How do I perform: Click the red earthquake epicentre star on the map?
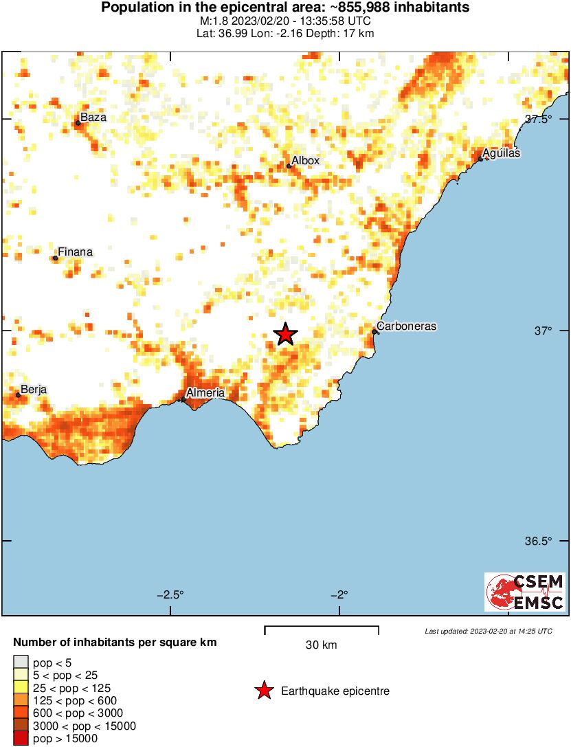286,335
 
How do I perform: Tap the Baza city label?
93,118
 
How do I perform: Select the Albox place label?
306,161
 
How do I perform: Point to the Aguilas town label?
501,153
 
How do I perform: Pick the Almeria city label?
205,392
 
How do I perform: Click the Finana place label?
75,252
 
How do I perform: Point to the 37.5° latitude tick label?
539,119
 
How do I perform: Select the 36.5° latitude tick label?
539,541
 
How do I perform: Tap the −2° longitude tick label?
341,594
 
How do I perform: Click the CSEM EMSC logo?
525,592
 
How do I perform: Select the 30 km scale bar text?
321,645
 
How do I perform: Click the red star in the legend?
264,691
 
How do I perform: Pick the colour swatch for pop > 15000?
21,739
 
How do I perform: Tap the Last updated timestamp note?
488,631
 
